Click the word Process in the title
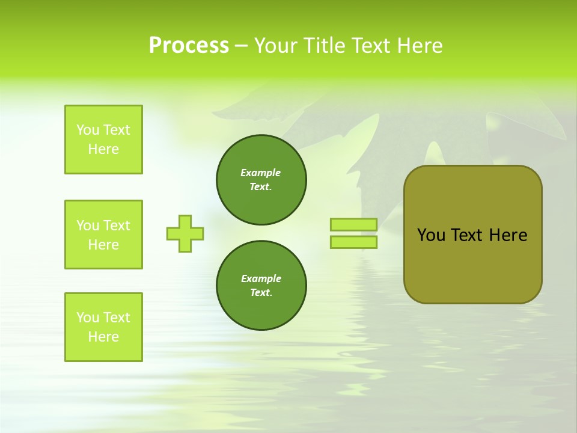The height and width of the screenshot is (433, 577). point(189,45)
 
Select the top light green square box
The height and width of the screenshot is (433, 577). point(103,140)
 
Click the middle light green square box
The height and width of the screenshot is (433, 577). point(103,235)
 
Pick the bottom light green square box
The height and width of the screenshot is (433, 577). point(103,327)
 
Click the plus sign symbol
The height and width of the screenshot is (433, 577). point(185,233)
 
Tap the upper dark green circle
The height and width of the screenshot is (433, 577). point(261,180)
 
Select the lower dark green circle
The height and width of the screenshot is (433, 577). point(261,286)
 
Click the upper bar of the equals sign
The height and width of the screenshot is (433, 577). point(353,224)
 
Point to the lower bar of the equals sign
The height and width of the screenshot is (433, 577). point(353,242)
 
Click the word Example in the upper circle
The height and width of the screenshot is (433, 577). point(261,173)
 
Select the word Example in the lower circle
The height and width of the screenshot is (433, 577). point(261,278)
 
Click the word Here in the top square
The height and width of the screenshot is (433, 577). point(103,149)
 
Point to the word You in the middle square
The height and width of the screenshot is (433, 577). point(88,226)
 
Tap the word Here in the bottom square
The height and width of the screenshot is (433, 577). point(103,337)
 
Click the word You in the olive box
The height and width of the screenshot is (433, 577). point(431,235)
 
